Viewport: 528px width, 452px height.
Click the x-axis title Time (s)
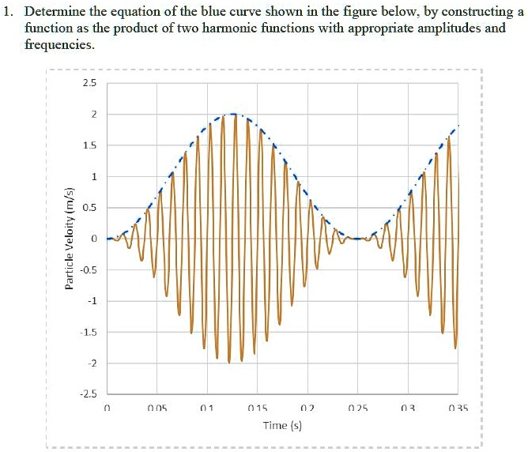click(282, 426)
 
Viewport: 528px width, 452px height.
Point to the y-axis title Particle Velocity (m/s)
click(70, 238)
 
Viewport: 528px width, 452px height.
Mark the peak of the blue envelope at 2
click(232, 114)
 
